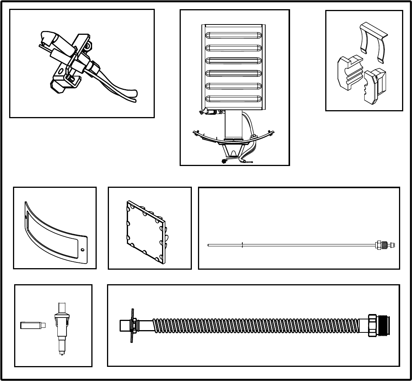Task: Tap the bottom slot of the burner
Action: click(x=234, y=99)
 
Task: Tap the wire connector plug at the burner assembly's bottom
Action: click(x=224, y=161)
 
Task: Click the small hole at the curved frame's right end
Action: click(x=82, y=250)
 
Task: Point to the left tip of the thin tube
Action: click(x=209, y=245)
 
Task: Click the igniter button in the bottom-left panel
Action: click(x=61, y=325)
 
